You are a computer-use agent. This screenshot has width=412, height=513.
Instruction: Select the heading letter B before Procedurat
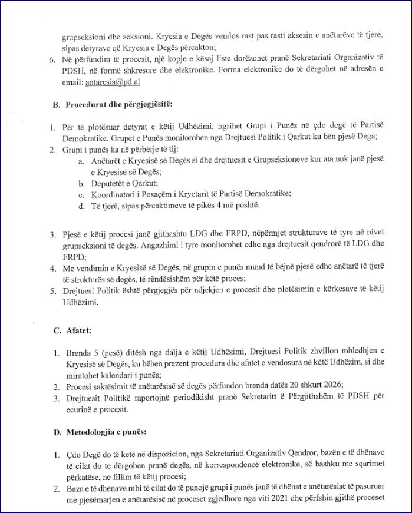[x=56, y=105]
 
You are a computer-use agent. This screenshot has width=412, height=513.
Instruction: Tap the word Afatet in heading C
[x=78, y=331]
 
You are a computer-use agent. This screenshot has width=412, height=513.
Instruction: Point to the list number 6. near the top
[x=52, y=60]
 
